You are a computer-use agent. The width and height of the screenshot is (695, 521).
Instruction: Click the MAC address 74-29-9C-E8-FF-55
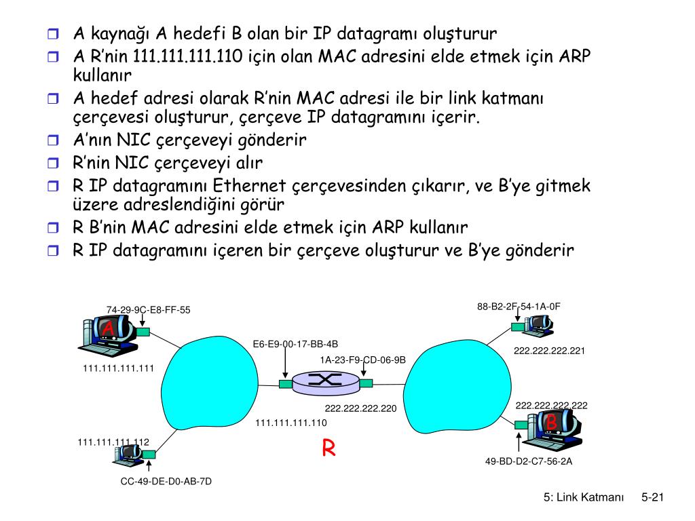tap(148, 310)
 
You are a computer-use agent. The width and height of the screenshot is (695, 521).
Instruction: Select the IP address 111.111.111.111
tap(119, 368)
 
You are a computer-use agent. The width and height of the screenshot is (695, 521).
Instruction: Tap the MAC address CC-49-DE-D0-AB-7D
tap(166, 482)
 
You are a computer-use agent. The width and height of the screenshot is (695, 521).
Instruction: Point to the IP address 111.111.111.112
tap(113, 442)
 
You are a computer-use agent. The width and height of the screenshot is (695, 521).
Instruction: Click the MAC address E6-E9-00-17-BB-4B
tap(295, 344)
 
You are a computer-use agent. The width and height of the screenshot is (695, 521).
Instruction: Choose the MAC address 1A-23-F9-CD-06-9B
tap(363, 360)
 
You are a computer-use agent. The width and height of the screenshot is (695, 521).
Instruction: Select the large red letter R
tap(329, 448)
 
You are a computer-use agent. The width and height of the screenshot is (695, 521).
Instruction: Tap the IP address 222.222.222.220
tap(360, 408)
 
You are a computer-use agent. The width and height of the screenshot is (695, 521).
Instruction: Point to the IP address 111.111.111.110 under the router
tap(291, 423)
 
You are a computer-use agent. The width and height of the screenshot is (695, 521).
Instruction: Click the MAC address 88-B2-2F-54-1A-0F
tap(519, 307)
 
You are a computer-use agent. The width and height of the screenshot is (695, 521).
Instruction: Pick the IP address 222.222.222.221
tap(549, 351)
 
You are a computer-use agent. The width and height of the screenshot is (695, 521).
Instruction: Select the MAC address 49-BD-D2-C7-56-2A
tap(529, 461)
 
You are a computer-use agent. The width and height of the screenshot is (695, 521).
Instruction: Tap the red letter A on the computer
tap(107, 329)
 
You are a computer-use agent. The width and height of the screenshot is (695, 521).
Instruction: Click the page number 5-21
tap(652, 498)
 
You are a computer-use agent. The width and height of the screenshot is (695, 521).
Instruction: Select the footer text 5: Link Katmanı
tap(583, 498)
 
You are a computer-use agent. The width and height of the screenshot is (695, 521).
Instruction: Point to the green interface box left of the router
tap(285, 384)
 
